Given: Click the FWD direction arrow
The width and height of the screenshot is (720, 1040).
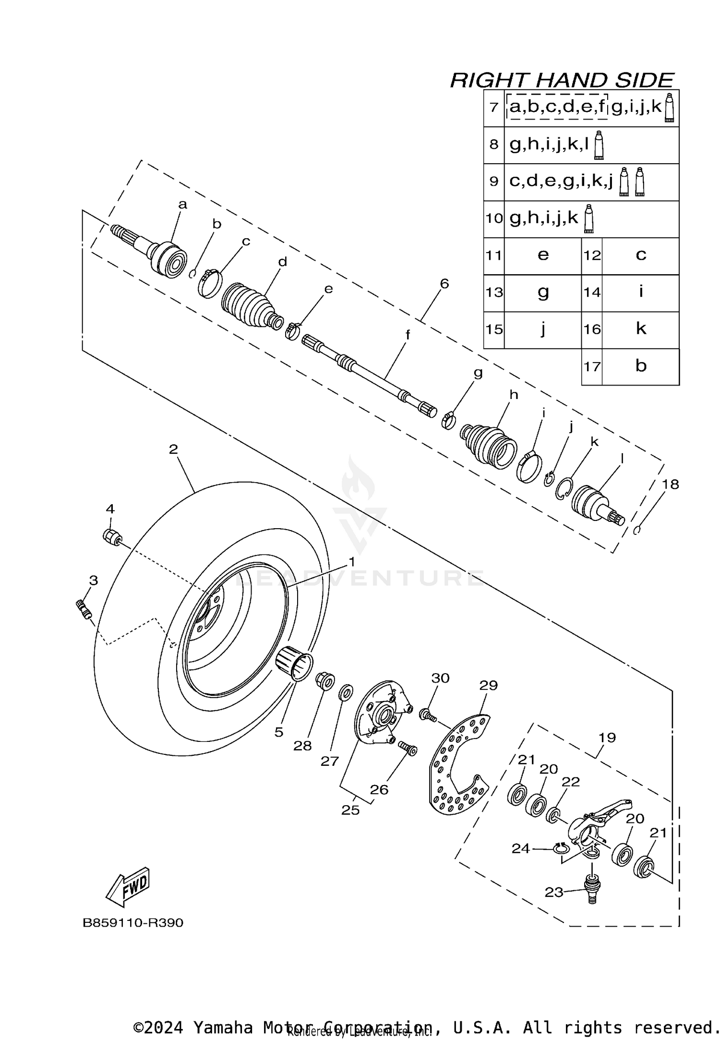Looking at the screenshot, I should pos(127,886).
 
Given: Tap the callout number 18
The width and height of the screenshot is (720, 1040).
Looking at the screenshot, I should pos(670,484).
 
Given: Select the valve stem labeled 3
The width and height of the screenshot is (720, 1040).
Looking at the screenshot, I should pos(84,610).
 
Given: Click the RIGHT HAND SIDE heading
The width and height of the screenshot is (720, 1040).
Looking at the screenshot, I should pos(562,80).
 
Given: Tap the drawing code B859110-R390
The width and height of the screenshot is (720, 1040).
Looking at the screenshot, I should pos(133,923).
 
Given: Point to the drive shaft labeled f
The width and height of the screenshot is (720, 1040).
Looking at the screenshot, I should pos(370,374).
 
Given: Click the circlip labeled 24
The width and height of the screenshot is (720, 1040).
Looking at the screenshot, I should pos(560,848).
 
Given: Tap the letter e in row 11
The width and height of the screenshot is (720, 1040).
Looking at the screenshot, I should pos(543,255).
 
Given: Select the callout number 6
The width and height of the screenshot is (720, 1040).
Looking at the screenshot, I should pos(444,284).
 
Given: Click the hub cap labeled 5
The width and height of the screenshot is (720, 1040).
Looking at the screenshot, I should pos(294,663).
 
